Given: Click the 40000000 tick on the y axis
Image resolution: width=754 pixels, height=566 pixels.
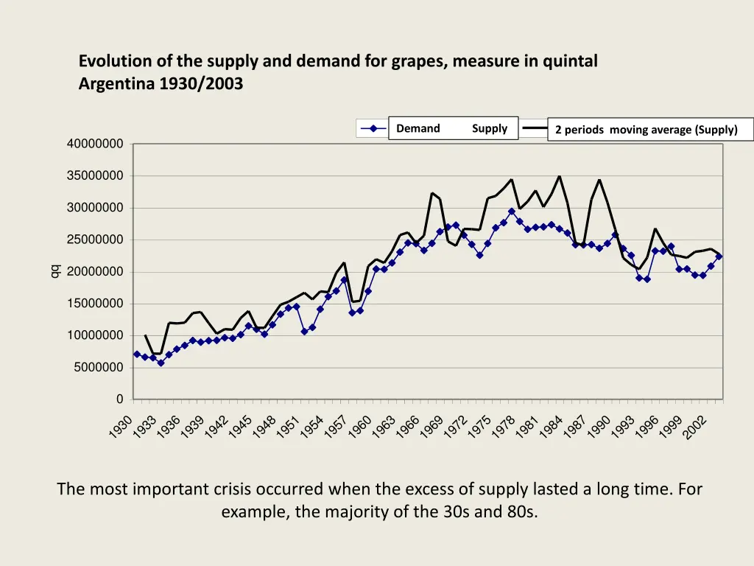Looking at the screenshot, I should [x=95, y=144].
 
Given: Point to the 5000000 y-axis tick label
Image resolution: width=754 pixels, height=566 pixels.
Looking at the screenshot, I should [x=98, y=368].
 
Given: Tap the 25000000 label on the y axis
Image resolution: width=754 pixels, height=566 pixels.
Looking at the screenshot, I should [x=95, y=240].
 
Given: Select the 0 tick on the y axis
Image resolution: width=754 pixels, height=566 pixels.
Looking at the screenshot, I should [x=119, y=399].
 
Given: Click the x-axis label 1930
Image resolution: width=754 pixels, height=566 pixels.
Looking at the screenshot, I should [x=122, y=427].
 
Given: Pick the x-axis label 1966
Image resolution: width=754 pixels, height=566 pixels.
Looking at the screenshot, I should [x=407, y=427].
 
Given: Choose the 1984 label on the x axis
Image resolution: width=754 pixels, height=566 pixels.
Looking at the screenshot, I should [x=551, y=427].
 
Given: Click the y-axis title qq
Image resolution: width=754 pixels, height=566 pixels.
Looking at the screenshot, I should [x=54, y=272].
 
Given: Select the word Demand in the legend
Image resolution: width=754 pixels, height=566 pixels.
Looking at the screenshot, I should [x=417, y=128].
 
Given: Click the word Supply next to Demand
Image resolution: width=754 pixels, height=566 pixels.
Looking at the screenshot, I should [x=490, y=128].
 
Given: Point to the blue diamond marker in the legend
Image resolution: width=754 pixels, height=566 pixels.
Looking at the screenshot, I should [x=374, y=129].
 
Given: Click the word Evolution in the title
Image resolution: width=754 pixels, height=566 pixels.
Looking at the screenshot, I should [x=110, y=61].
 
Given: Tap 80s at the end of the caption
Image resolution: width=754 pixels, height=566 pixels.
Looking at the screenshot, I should [x=520, y=511].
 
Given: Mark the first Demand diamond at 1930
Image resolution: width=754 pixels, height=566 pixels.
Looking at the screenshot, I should [x=137, y=354].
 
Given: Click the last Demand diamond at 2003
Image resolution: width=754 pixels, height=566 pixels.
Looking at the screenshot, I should [x=719, y=256].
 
